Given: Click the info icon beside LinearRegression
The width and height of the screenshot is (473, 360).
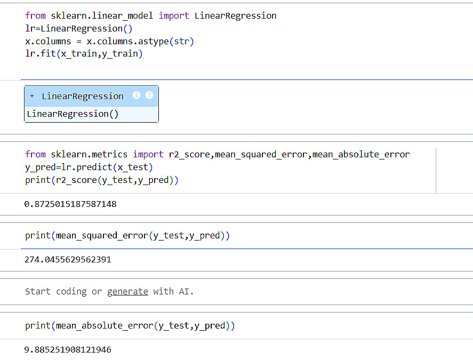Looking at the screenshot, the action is pyautogui.click(x=137, y=95).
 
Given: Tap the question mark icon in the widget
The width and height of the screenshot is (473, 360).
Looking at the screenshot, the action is pyautogui.click(x=149, y=95).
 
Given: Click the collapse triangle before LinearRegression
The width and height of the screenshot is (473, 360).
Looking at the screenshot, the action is pyautogui.click(x=32, y=96).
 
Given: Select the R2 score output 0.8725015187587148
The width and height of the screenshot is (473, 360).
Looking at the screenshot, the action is pyautogui.click(x=70, y=204).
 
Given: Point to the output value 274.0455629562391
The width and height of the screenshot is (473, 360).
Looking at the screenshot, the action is pyautogui.click(x=68, y=260).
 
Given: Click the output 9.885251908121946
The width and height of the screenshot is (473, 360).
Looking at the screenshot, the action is pyautogui.click(x=68, y=350).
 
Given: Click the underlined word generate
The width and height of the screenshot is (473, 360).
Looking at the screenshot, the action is pyautogui.click(x=127, y=292).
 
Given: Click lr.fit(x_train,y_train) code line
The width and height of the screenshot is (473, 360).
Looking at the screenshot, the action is pyautogui.click(x=84, y=54).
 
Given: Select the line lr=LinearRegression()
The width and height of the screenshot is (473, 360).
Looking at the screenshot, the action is pyautogui.click(x=79, y=29).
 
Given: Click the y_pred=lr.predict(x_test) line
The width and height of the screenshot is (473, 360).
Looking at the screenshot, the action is pyautogui.click(x=89, y=167).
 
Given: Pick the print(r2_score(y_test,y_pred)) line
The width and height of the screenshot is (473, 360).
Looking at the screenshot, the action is pyautogui.click(x=102, y=180).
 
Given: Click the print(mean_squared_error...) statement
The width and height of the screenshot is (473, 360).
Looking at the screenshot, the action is pyautogui.click(x=127, y=236).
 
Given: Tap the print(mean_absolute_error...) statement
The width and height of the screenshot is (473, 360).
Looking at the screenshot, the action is pyautogui.click(x=130, y=326).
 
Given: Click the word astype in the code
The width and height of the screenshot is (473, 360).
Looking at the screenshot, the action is pyautogui.click(x=153, y=42).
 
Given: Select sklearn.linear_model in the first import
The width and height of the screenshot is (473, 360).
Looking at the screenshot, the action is pyautogui.click(x=102, y=15).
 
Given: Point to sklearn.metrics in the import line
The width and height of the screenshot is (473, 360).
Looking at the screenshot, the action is pyautogui.click(x=89, y=155).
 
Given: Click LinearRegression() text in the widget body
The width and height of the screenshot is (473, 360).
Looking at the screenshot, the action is pyautogui.click(x=73, y=114).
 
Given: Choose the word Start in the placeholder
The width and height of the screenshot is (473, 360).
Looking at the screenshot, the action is pyautogui.click(x=38, y=292).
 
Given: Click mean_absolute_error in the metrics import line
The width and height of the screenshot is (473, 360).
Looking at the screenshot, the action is pyautogui.click(x=361, y=155).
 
